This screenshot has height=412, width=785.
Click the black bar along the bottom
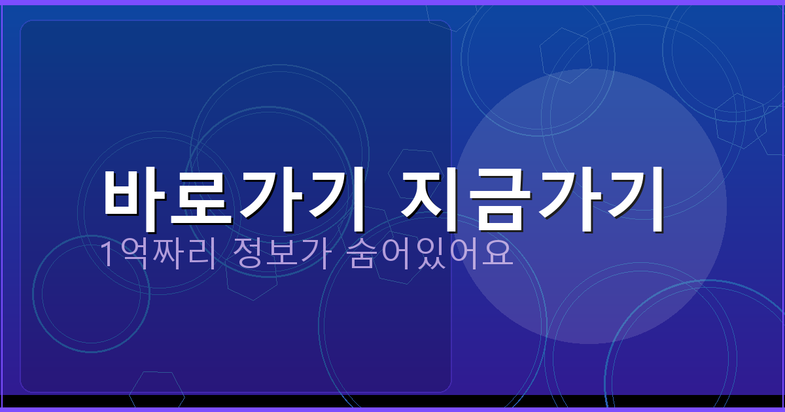pos(392,401)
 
